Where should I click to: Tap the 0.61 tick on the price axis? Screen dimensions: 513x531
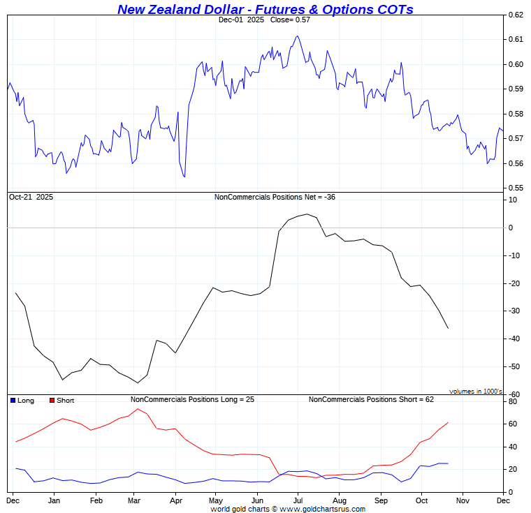coord(516,40)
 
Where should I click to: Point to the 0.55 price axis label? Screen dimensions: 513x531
coord(516,188)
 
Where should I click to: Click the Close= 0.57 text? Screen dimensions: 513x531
coord(284,20)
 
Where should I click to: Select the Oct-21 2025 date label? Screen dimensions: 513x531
coord(31,198)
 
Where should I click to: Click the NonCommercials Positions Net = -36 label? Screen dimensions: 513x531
coord(275,198)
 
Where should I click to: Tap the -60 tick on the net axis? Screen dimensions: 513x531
coord(514,394)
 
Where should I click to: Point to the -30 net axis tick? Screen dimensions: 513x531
coord(514,311)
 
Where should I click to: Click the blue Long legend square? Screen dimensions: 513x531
coord(13,401)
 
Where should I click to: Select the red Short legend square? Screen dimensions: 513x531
coord(52,401)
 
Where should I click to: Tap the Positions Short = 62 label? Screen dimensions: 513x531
coord(371,400)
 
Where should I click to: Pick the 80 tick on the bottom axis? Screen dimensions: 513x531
coord(513,402)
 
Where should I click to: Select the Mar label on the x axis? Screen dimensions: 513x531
coord(137,500)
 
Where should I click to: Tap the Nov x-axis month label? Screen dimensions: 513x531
coord(463,500)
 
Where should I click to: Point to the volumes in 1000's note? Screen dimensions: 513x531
coord(476,392)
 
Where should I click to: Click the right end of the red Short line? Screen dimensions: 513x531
coord(448,422)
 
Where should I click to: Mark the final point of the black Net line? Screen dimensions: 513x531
coord(448,328)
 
